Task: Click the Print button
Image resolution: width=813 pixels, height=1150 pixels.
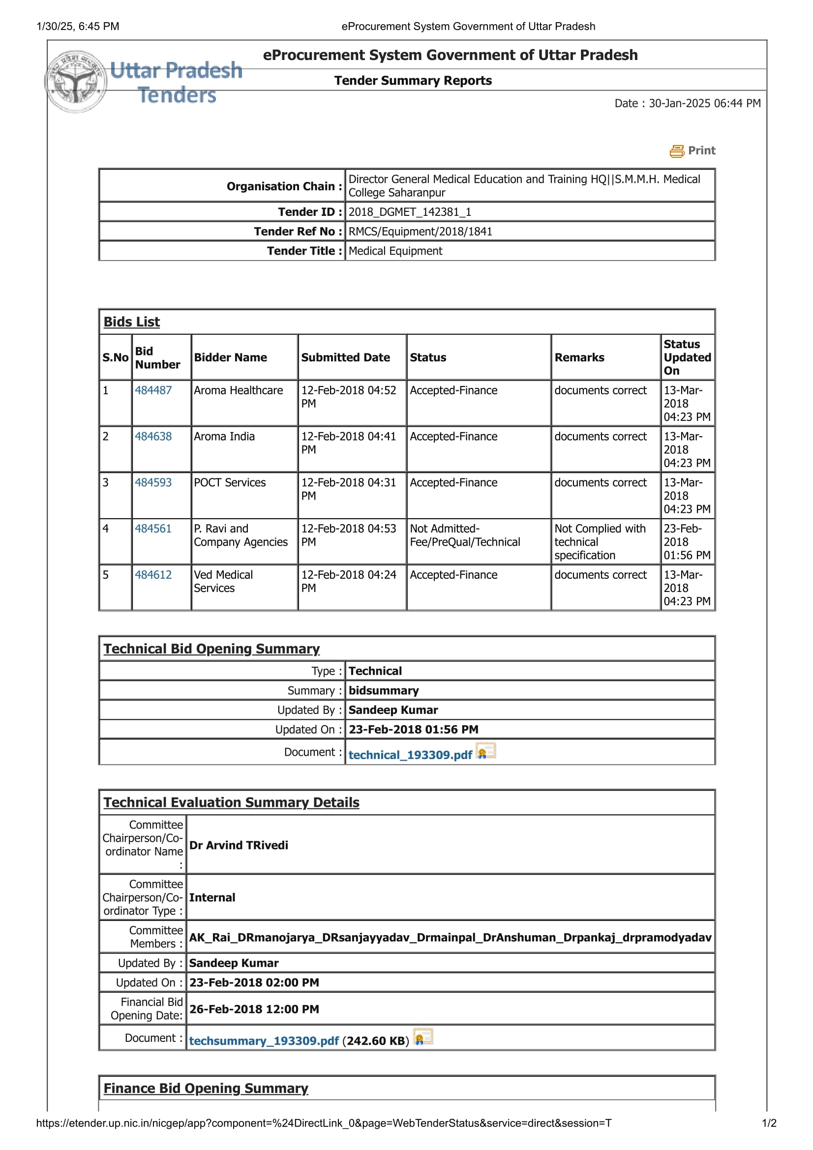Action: point(693,151)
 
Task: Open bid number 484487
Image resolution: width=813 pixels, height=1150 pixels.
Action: point(153,390)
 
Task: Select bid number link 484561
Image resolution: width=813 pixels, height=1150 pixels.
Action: point(153,529)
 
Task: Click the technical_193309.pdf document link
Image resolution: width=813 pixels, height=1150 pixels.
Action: point(410,755)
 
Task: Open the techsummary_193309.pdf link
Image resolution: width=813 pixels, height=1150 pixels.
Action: point(264,1041)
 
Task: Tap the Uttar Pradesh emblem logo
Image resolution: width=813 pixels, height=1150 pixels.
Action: point(76,82)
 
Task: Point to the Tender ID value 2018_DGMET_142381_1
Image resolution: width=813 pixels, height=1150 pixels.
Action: point(409,212)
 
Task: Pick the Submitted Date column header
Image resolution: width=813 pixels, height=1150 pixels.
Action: point(345,357)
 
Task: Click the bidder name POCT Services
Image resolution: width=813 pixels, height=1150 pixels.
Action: point(229,482)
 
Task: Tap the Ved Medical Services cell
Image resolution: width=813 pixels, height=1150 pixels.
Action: point(223,581)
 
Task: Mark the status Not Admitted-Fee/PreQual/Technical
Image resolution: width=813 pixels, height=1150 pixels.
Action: point(464,535)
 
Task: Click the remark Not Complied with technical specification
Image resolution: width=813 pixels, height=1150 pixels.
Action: point(599,541)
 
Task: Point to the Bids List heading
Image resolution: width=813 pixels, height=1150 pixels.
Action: point(131,322)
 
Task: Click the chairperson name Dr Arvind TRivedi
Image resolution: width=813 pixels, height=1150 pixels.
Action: point(239,845)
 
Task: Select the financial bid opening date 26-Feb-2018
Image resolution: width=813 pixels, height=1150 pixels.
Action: point(253,1009)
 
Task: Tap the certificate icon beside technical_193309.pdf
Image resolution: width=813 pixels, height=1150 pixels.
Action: point(485,751)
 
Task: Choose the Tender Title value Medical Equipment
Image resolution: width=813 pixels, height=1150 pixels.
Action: point(395,251)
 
